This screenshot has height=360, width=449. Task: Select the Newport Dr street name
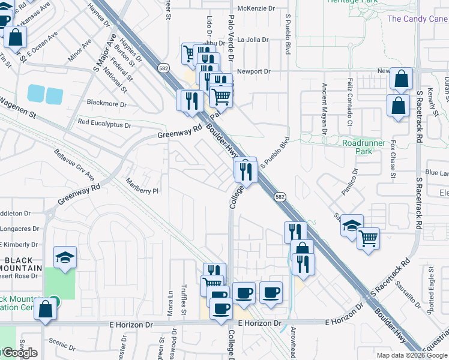[x=254, y=71]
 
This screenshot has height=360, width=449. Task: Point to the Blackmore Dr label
[x=107, y=104]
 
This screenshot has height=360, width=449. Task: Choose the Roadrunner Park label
[x=366, y=147]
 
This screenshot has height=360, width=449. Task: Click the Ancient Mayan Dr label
[x=325, y=108]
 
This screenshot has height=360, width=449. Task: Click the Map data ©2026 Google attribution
[x=412, y=355]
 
